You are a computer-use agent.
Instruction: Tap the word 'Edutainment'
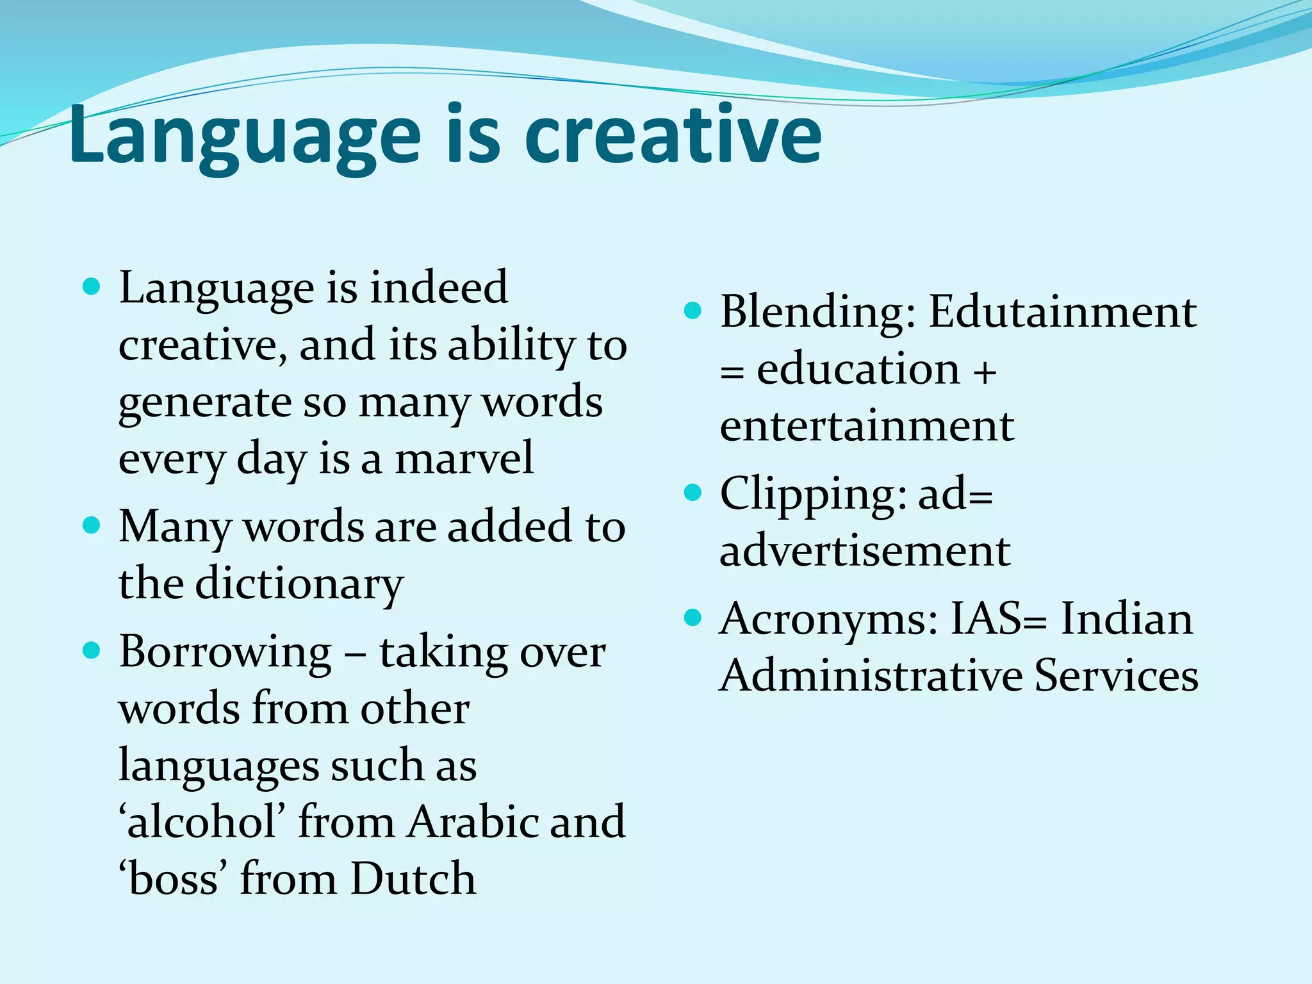(x=1062, y=312)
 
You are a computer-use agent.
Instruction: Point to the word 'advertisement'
(x=865, y=551)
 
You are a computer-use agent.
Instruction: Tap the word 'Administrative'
(x=871, y=676)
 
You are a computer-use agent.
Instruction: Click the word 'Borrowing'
(x=225, y=652)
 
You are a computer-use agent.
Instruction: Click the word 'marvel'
(x=464, y=459)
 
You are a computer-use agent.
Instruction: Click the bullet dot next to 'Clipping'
(x=693, y=493)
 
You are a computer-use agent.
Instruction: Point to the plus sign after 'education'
(x=985, y=370)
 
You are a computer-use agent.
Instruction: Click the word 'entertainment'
(x=867, y=426)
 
